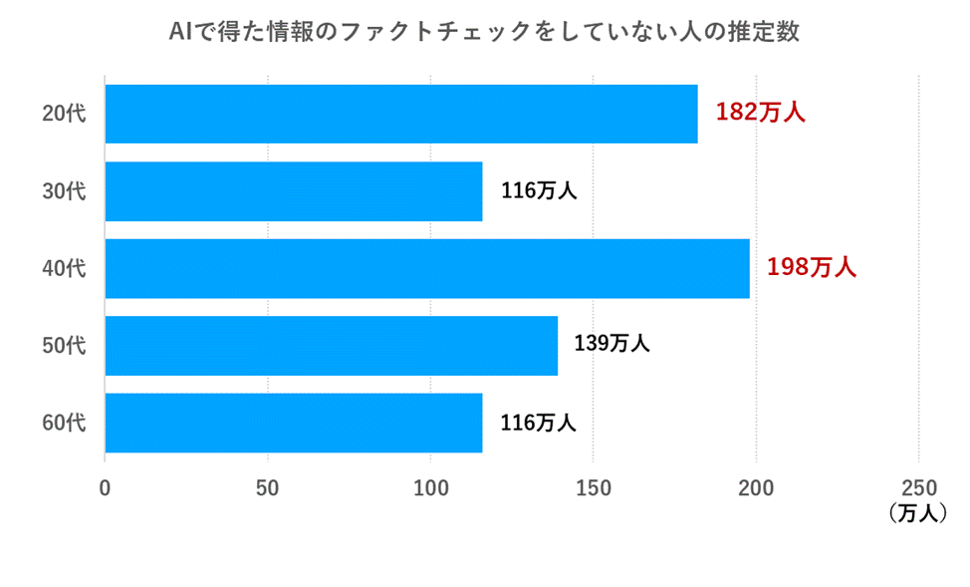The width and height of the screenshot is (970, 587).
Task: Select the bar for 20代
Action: (x=400, y=114)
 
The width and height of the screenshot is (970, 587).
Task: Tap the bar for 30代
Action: (x=293, y=191)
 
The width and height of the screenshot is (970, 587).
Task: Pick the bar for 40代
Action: (x=426, y=268)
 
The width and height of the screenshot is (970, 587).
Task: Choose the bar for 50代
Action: (x=331, y=346)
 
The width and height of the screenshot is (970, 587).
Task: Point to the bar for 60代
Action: (x=293, y=423)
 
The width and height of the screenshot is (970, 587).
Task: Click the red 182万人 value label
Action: (x=760, y=113)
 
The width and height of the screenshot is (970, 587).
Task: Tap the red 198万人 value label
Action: (x=812, y=267)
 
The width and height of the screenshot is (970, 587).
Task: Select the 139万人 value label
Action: (x=611, y=344)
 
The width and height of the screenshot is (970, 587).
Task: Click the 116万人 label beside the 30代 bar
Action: (x=538, y=190)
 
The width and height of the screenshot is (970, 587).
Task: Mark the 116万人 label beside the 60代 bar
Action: (x=538, y=422)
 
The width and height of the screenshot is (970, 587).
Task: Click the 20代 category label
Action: (x=64, y=114)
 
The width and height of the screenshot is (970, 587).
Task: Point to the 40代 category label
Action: (x=64, y=268)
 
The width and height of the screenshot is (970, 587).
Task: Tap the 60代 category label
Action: (x=64, y=423)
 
